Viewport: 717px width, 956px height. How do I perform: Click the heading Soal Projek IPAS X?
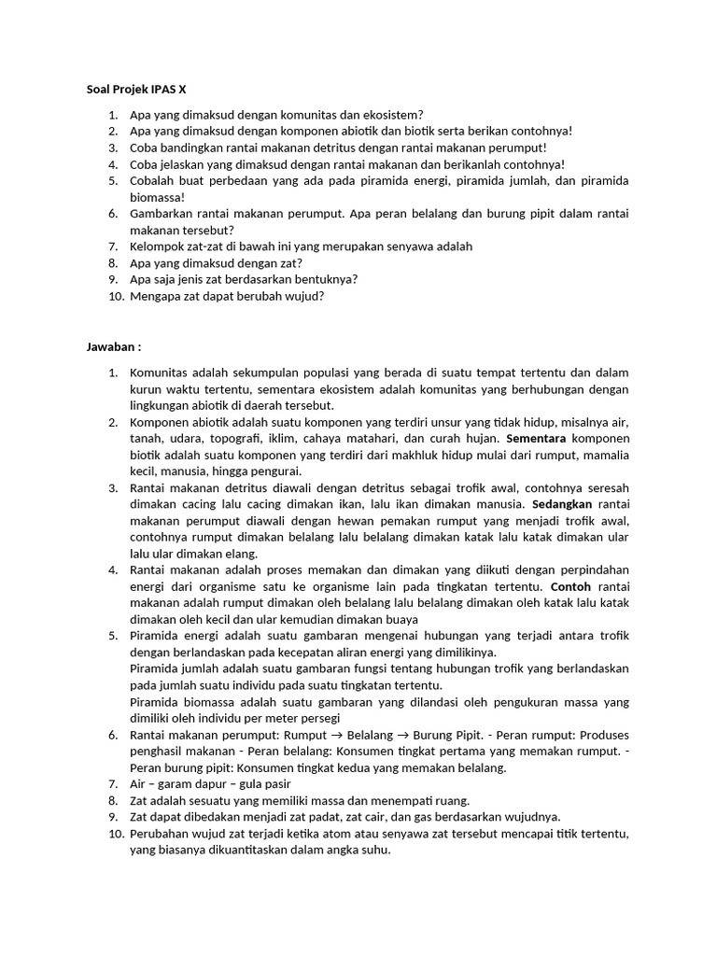click(131, 90)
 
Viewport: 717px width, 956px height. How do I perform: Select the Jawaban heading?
click(113, 347)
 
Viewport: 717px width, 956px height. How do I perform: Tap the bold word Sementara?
click(535, 438)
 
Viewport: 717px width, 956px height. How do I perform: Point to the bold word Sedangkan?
click(563, 503)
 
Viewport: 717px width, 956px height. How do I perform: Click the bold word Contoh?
click(571, 586)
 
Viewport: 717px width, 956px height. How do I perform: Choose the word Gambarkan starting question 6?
click(163, 213)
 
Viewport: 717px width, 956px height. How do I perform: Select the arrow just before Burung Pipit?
click(407, 735)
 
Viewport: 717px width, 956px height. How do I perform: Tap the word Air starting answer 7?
click(138, 783)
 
